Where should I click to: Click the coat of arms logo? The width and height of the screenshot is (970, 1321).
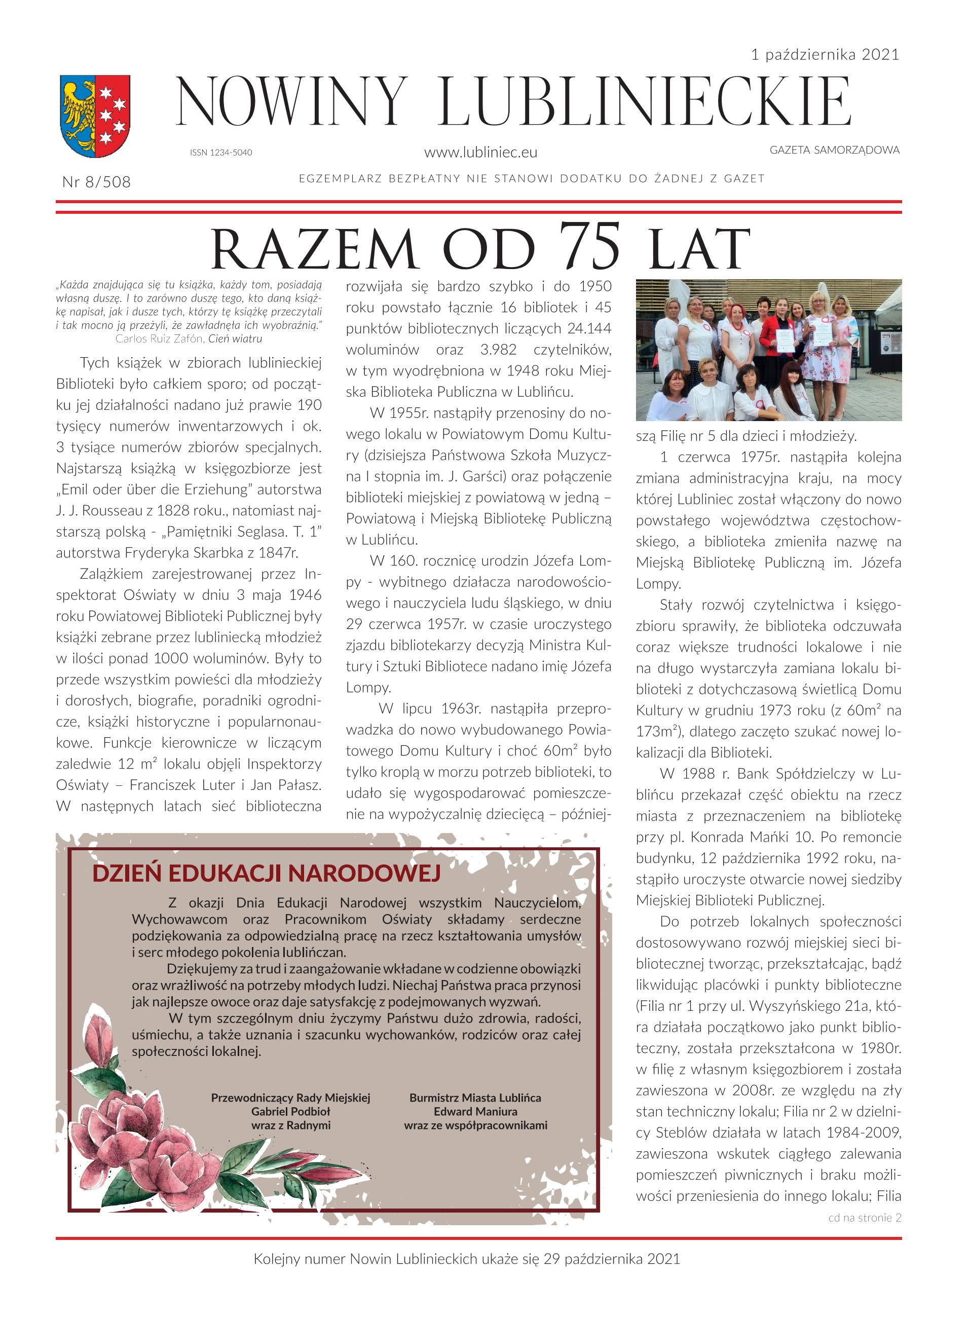pyautogui.click(x=95, y=116)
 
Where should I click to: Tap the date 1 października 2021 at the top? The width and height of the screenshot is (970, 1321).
pyautogui.click(x=825, y=55)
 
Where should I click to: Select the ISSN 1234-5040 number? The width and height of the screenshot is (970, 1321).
pyautogui.click(x=221, y=153)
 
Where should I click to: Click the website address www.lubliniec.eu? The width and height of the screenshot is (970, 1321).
pyautogui.click(x=480, y=153)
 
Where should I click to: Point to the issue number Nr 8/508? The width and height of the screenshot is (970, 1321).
pyautogui.click(x=96, y=182)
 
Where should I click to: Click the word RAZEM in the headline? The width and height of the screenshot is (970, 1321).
pyautogui.click(x=314, y=249)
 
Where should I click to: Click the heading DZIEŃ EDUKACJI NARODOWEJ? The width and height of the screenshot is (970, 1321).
pyautogui.click(x=266, y=874)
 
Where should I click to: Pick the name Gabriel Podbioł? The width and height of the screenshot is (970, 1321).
pyautogui.click(x=291, y=1111)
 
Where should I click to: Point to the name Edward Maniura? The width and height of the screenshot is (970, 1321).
pyautogui.click(x=475, y=1111)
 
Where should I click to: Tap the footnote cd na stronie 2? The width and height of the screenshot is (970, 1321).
pyautogui.click(x=864, y=1218)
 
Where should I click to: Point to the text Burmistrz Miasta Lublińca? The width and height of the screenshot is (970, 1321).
pyautogui.click(x=475, y=1098)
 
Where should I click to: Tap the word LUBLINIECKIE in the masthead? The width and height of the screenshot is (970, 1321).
pyautogui.click(x=645, y=103)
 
